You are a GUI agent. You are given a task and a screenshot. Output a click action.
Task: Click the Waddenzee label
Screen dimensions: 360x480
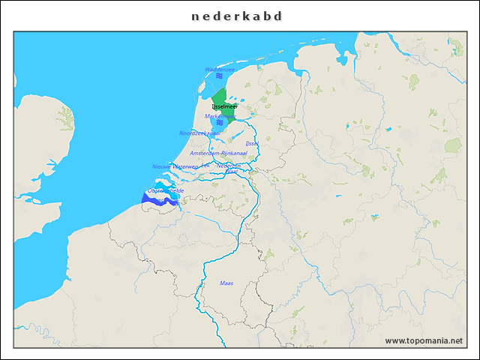(220, 69)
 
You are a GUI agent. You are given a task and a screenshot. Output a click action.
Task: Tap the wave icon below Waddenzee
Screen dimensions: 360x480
(219, 76)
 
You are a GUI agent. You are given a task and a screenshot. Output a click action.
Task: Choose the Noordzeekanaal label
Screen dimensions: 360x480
(199, 133)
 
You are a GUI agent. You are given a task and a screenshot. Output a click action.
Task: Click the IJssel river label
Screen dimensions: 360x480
(252, 142)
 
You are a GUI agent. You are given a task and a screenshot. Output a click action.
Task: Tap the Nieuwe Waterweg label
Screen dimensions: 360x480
(175, 166)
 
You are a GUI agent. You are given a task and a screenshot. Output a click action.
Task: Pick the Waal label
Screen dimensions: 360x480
(232, 172)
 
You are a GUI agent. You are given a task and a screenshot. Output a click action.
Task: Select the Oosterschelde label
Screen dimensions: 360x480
(166, 191)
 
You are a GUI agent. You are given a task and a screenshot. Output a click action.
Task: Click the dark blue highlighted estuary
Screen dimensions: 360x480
(153, 199)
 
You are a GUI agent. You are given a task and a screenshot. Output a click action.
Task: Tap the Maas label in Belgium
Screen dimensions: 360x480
(226, 283)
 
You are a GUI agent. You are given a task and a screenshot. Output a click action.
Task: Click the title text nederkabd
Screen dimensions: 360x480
(239, 16)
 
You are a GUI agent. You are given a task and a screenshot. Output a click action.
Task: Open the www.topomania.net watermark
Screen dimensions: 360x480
(424, 340)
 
